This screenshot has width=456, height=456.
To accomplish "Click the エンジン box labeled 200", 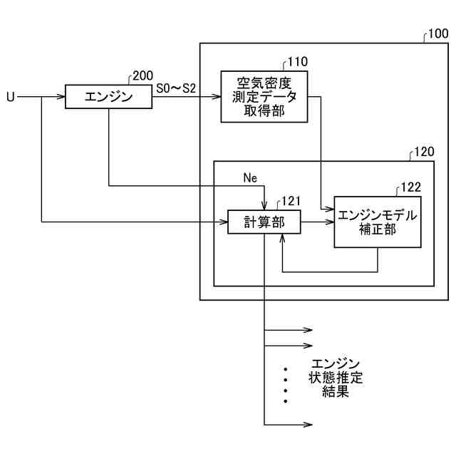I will pyautogui.click(x=108, y=97).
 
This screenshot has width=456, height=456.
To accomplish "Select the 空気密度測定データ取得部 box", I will pyautogui.click(x=264, y=96).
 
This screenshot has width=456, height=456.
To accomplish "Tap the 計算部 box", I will pyautogui.click(x=264, y=222).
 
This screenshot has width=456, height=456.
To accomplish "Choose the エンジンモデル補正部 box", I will pyautogui.click(x=377, y=222).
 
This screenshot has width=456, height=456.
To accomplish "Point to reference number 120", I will pyautogui.click(x=423, y=152).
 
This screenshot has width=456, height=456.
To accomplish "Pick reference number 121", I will pyautogui.click(x=293, y=202).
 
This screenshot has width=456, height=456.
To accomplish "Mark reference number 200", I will pyautogui.click(x=142, y=76).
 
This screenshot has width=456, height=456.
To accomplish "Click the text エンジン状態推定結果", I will pyautogui.click(x=336, y=378).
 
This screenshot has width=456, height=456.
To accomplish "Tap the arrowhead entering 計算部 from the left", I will pyautogui.click(x=224, y=222).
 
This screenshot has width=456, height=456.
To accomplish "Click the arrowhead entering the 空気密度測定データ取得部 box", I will pyautogui.click(x=217, y=97).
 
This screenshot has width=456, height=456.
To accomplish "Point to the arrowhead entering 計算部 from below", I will pyautogui.click(x=284, y=237).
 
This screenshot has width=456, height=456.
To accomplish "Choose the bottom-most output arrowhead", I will pyautogui.click(x=309, y=425).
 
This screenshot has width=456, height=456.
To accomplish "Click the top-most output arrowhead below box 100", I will pyautogui.click(x=309, y=330).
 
